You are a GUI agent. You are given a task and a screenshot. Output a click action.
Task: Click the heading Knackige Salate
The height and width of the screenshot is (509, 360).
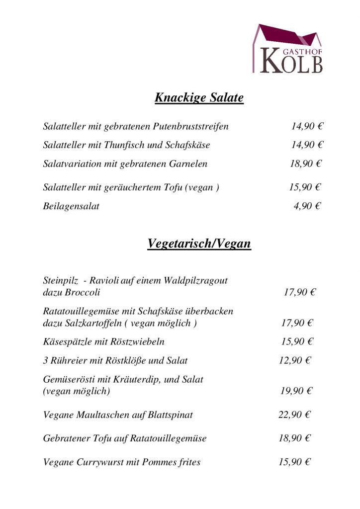199,97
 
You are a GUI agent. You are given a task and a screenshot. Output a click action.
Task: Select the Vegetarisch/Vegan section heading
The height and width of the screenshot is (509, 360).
199,244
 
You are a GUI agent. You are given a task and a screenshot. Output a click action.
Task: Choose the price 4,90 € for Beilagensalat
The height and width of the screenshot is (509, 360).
307,206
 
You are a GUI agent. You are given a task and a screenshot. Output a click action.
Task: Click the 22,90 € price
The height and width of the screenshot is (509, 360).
294,414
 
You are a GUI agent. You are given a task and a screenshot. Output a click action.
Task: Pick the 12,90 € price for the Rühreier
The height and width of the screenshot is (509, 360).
294,360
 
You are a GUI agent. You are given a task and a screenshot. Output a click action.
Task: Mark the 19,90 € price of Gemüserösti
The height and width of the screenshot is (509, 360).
296,391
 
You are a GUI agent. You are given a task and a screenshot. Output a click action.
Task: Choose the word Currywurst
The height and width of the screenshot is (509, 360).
102,462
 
